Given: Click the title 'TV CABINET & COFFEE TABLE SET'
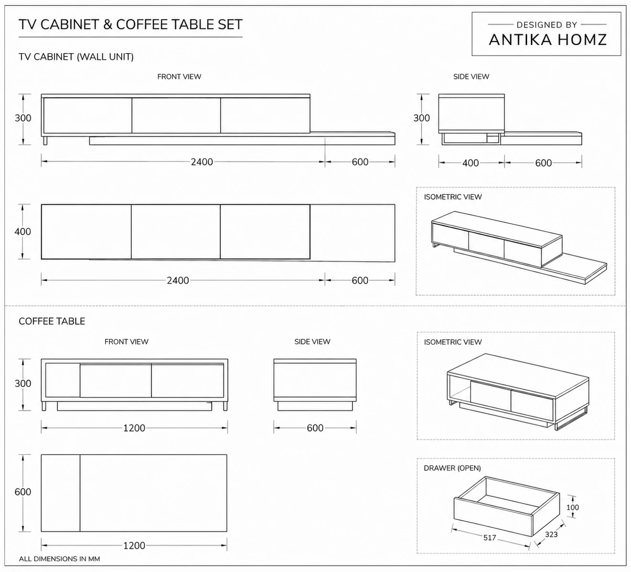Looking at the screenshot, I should point(130,24).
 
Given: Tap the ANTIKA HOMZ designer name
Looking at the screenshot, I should point(548,40).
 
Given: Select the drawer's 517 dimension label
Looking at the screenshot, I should point(489,538).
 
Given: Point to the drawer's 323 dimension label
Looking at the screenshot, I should point(551,534).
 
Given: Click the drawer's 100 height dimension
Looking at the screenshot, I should point(572,507).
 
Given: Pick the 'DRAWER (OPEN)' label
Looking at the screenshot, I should point(452,468).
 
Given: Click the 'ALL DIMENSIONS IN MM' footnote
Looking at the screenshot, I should point(59,559).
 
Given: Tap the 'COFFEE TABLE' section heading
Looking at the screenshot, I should point(52,321).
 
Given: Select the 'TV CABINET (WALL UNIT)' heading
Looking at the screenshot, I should point(76,57).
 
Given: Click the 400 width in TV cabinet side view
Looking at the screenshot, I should point(470,163).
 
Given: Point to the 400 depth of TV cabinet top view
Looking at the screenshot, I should point(23,231).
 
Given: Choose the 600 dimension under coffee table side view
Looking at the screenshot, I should point(315,428).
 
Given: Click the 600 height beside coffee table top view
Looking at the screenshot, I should point(23,492).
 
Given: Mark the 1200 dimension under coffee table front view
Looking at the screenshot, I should point(134,428).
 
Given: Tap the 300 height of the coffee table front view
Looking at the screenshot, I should point(23,383).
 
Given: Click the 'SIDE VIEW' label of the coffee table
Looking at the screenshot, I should point(312,342).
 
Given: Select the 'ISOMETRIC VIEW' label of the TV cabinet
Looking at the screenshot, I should point(452,197).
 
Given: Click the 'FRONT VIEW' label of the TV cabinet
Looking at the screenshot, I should point(179,77).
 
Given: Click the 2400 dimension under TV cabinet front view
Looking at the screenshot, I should point(202,162).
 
